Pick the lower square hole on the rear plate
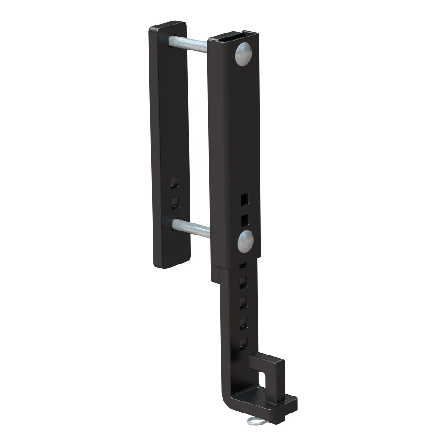(x=175, y=203)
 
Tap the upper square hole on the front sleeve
(x=244, y=198)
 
